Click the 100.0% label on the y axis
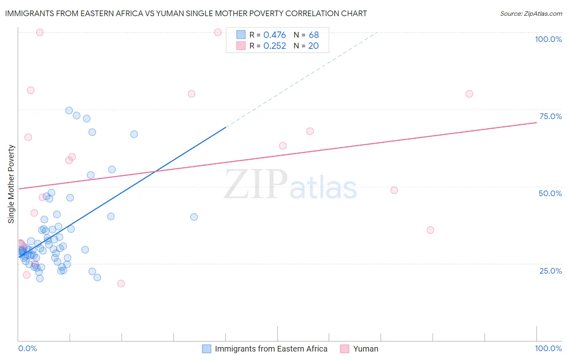pyautogui.click(x=548, y=39)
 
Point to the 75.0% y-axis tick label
pyautogui.click(x=550, y=116)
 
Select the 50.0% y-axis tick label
pyautogui.click(x=550, y=193)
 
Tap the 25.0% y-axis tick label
pyautogui.click(x=550, y=271)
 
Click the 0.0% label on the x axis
pyautogui.click(x=27, y=348)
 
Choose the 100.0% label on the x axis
pyautogui.click(x=548, y=348)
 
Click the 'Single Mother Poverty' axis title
pyautogui.click(x=11, y=184)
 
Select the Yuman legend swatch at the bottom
pyautogui.click(x=344, y=349)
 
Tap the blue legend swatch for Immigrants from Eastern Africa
pyautogui.click(x=206, y=349)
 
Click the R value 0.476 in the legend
pyautogui.click(x=274, y=35)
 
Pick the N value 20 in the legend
pyautogui.click(x=313, y=46)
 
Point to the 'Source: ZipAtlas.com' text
pyautogui.click(x=531, y=14)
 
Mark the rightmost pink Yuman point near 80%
pyautogui.click(x=469, y=94)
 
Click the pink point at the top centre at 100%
pyautogui.click(x=218, y=32)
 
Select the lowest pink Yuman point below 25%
pyautogui.click(x=121, y=283)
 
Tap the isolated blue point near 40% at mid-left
pyautogui.click(x=194, y=217)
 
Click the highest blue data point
pyautogui.click(x=69, y=111)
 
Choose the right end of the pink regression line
pyautogui.click(x=536, y=122)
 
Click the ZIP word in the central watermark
pyautogui.click(x=256, y=184)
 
